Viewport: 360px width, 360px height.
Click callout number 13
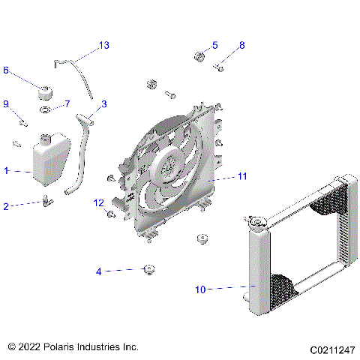103,46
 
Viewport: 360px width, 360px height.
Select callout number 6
6,70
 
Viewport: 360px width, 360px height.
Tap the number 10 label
199,288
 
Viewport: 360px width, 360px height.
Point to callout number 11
241,177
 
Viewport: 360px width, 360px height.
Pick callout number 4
98,271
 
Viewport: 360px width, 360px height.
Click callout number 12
98,202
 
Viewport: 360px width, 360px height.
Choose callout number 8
241,46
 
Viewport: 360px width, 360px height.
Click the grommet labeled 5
200,57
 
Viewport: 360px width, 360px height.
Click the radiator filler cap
256,221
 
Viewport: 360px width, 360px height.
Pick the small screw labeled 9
22,120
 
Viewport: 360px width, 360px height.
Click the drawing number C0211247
331,349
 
